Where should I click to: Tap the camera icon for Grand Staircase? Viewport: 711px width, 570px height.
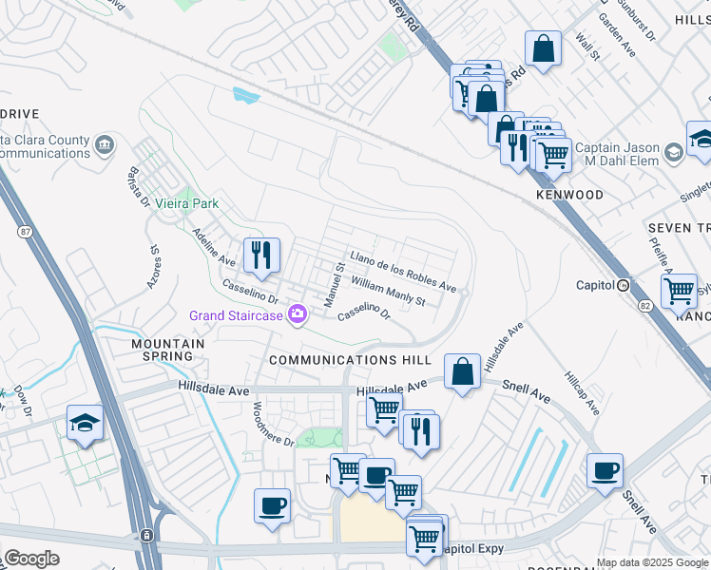pos(298,314)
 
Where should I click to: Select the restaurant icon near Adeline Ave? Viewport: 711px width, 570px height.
pos(261,255)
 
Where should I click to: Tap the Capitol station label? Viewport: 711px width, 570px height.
pos(596,285)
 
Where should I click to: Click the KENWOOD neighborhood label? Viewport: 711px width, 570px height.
pos(569,195)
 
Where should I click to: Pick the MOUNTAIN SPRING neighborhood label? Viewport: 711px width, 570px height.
pos(168,350)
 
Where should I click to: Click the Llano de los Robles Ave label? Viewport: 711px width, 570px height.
pos(403,272)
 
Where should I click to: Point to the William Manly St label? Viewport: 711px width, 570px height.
pos(387,293)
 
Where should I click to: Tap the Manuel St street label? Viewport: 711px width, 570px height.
pos(333,285)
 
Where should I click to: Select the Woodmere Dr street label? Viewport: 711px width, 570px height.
pos(274,424)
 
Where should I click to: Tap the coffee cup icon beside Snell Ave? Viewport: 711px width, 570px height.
pos(605,470)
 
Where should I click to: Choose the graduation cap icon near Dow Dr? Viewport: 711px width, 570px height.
pos(85,423)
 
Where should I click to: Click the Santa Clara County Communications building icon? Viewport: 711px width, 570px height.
pos(104,144)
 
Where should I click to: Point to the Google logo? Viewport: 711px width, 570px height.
pos(32,559)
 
